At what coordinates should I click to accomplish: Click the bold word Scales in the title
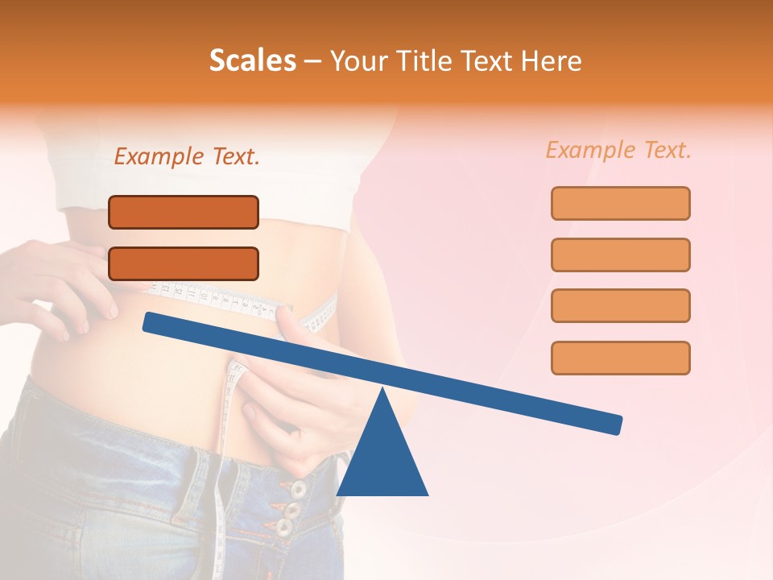253,60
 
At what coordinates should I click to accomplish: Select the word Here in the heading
552,60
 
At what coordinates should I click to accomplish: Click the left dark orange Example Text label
187,157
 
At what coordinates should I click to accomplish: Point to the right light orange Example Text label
618,150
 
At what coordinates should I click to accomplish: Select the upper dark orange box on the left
184,212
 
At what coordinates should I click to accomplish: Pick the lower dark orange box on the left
184,263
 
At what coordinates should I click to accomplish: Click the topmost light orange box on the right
621,203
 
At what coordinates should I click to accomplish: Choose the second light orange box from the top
621,255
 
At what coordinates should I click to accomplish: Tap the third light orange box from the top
621,305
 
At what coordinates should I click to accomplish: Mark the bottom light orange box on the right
621,358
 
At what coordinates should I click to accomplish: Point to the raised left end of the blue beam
153,322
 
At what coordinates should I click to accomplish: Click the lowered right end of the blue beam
612,425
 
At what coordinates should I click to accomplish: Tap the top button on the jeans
298,489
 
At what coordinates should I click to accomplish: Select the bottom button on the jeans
283,528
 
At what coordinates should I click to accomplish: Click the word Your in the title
358,60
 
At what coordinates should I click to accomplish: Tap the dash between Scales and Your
312,61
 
